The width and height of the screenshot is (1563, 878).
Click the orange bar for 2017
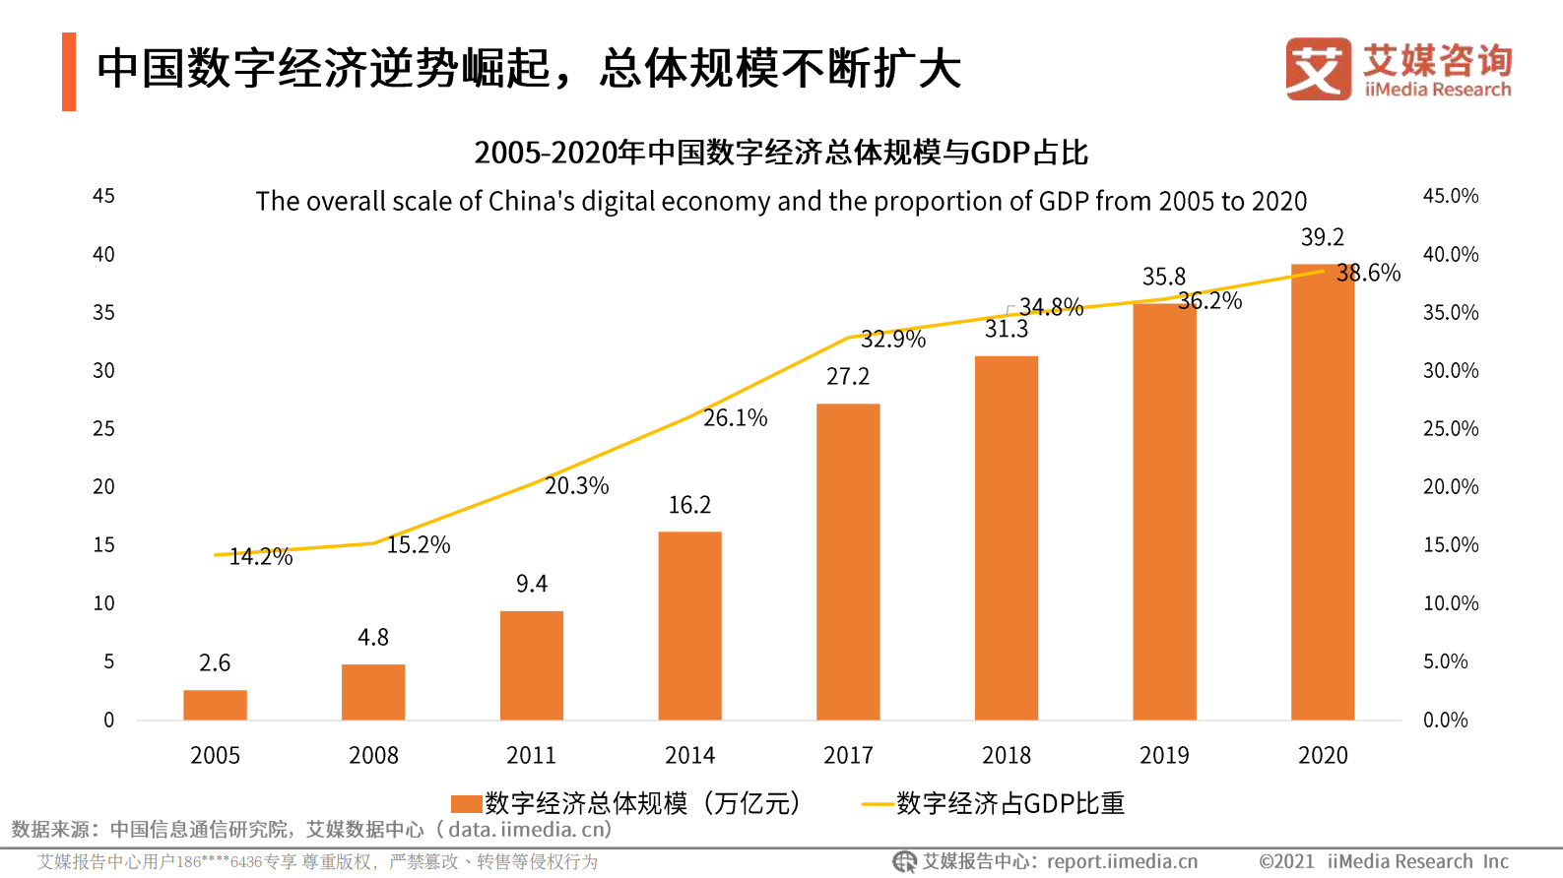(848, 561)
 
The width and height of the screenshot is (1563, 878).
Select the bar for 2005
(215, 705)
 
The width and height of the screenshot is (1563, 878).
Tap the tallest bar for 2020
(1323, 492)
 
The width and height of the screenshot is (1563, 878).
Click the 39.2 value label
(1322, 237)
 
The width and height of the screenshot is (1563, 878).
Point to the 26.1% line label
(735, 417)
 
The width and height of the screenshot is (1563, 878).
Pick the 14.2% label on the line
(261, 556)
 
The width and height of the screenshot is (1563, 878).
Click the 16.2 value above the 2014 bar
(689, 505)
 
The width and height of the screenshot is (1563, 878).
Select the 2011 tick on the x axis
(531, 755)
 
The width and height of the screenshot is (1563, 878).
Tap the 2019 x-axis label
(1164, 755)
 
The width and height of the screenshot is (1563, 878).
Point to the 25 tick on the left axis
(103, 428)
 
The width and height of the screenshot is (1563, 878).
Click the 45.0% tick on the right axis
(1450, 196)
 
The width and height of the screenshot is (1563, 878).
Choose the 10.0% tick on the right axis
(1450, 603)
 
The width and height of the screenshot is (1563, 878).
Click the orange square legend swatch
(466, 804)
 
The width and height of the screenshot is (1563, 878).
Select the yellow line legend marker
(877, 804)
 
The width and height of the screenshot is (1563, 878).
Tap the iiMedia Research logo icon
(1318, 69)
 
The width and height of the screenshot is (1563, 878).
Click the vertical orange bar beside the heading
(69, 71)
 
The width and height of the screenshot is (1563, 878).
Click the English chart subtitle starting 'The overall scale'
(781, 201)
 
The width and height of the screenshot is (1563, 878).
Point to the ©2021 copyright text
(1286, 861)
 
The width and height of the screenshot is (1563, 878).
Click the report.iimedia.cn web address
(1122, 861)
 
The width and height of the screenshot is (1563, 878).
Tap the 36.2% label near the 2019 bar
(1209, 301)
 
